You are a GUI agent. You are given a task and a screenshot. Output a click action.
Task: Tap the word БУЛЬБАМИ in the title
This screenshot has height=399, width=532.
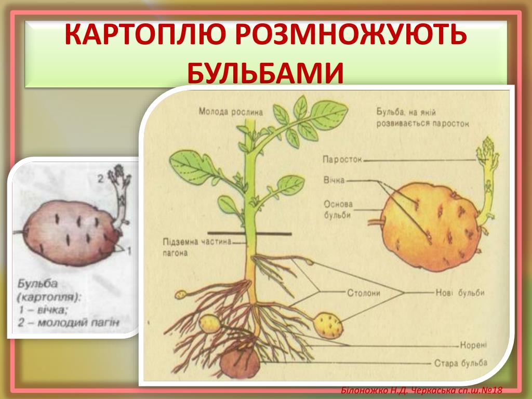[265, 73]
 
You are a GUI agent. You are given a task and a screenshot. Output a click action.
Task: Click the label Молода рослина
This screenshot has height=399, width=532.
[231, 112]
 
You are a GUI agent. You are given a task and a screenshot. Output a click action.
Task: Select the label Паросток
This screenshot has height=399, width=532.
[342, 159]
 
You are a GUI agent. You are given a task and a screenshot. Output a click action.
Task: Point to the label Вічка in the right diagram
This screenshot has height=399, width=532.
[334, 180]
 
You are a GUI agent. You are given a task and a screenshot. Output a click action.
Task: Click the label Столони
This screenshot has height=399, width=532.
[364, 293]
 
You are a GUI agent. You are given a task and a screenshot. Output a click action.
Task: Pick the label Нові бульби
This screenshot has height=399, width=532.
[460, 292]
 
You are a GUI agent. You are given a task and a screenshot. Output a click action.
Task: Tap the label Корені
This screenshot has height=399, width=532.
[473, 345]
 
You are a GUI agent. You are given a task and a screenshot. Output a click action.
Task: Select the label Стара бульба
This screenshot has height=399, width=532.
[461, 363]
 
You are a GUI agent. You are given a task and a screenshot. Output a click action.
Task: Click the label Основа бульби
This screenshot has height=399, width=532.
[338, 209]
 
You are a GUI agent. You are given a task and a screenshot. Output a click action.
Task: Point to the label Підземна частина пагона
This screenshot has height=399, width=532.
[197, 247]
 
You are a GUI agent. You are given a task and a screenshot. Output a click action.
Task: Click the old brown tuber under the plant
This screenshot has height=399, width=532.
[240, 362]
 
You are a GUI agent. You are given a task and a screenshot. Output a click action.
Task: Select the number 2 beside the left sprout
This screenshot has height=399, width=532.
[101, 178]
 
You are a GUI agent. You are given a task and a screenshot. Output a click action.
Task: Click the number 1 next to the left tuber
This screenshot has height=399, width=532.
[129, 251]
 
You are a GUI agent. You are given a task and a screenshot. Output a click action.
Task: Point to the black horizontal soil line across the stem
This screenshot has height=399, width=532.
[250, 233]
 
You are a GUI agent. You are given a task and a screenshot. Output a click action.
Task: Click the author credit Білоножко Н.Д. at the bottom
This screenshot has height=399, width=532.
[372, 391]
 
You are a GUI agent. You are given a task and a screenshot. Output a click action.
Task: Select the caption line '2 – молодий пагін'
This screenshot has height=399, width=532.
[69, 322]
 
